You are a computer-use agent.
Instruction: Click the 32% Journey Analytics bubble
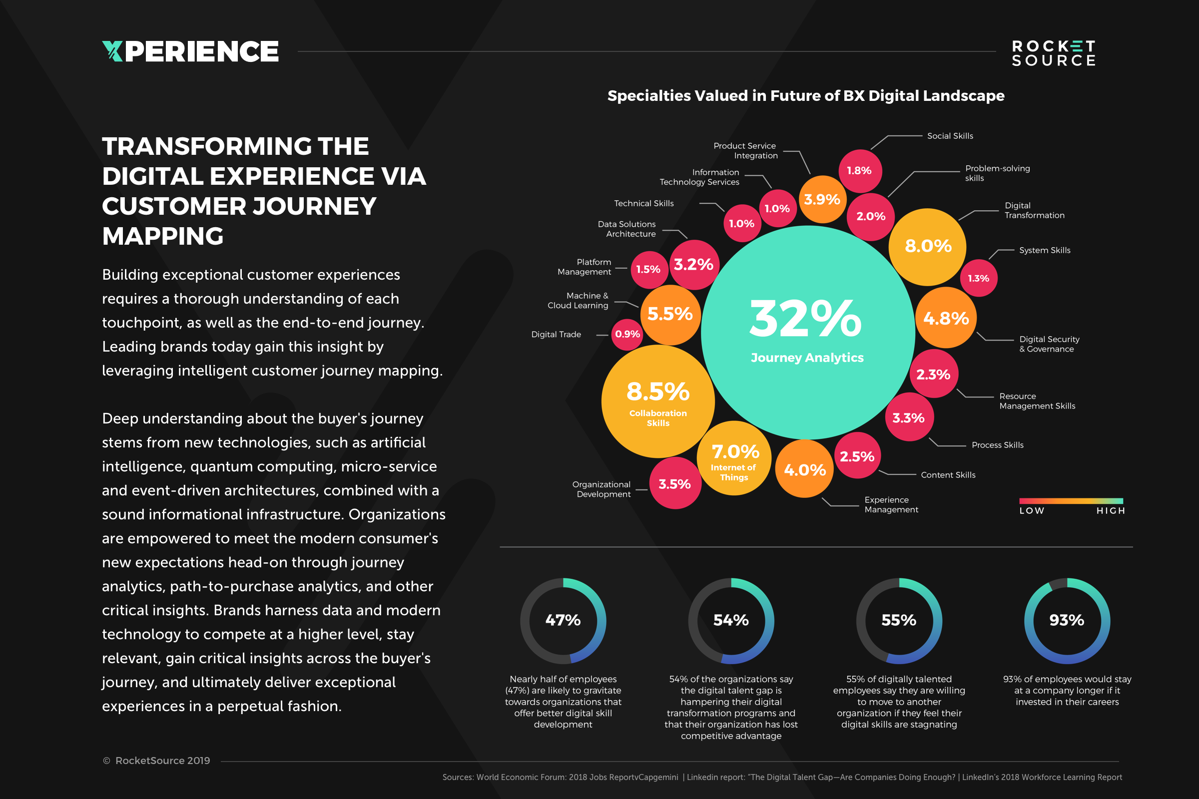click(807, 332)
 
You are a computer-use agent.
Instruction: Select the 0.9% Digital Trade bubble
click(627, 334)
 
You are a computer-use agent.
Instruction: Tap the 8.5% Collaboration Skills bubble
click(657, 401)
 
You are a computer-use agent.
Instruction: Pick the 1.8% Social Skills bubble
click(859, 171)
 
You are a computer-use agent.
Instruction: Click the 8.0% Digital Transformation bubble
click(928, 247)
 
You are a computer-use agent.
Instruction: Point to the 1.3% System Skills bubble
click(978, 278)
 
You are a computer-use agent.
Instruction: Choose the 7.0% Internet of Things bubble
click(734, 457)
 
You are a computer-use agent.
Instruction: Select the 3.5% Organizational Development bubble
click(674, 483)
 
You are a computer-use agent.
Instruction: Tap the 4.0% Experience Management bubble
click(804, 469)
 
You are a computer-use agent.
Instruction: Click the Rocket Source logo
click(1053, 53)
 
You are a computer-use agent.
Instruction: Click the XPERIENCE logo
click(190, 51)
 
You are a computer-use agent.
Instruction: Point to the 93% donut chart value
click(1067, 620)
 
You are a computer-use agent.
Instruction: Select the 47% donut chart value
click(563, 620)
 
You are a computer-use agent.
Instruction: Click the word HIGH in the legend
click(1110, 510)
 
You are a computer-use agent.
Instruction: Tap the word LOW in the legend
click(1032, 510)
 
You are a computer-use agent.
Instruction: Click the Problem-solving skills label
click(997, 173)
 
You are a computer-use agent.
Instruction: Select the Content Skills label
click(948, 475)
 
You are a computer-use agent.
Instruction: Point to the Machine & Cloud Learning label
click(578, 301)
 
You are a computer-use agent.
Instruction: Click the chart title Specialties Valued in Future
click(805, 96)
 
